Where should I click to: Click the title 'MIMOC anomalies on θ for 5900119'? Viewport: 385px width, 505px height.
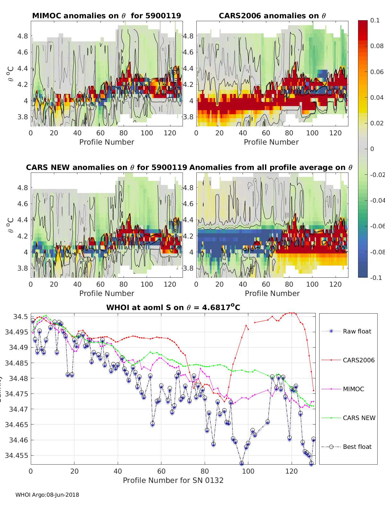click(107, 16)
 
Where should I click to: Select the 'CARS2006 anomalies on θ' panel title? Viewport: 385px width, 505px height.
click(272, 16)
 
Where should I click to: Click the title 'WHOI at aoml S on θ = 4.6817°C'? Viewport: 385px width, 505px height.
click(173, 307)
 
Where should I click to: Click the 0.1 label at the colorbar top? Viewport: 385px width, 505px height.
click(375, 20)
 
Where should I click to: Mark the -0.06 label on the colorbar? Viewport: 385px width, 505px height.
click(377, 226)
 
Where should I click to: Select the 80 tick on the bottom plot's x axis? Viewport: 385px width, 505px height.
click(205, 471)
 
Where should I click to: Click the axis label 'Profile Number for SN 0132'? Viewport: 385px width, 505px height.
click(173, 480)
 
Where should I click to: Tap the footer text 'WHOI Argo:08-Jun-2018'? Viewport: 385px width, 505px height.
click(47, 495)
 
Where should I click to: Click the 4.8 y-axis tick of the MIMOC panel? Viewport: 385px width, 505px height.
click(23, 36)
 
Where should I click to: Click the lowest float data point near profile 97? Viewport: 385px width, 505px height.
click(242, 463)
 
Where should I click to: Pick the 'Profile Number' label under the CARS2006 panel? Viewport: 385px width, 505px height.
click(271, 142)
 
